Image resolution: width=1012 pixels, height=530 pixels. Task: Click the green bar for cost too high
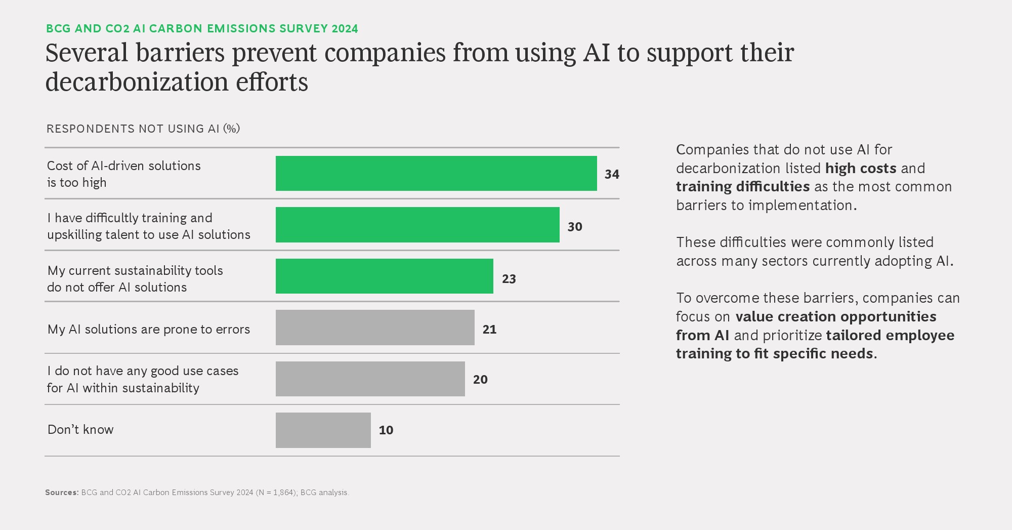point(436,174)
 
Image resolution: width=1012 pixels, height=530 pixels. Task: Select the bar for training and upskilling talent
point(417,225)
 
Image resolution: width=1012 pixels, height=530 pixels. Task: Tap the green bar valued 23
point(384,276)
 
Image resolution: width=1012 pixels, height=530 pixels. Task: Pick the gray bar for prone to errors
point(375,328)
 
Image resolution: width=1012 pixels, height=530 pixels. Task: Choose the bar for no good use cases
point(370,379)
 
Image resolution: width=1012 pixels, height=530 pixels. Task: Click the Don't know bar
point(323,430)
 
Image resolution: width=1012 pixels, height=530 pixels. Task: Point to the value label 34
point(612,175)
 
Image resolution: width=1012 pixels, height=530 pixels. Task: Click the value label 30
point(575,227)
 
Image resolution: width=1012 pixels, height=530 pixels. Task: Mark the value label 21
point(489,330)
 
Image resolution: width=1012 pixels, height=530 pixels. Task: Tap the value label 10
point(386,430)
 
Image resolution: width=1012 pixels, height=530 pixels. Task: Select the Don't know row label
point(80,430)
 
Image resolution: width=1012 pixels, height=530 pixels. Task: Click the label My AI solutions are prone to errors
point(149,330)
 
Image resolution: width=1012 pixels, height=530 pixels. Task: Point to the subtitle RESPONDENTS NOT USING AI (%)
point(143,129)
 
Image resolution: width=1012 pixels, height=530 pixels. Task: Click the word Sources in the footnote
point(62,493)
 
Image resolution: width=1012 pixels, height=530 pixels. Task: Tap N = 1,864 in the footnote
point(276,493)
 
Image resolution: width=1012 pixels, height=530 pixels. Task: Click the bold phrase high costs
point(861,168)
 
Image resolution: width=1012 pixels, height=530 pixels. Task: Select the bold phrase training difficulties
point(743,187)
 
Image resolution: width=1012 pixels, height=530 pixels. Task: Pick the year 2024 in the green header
point(345,29)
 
